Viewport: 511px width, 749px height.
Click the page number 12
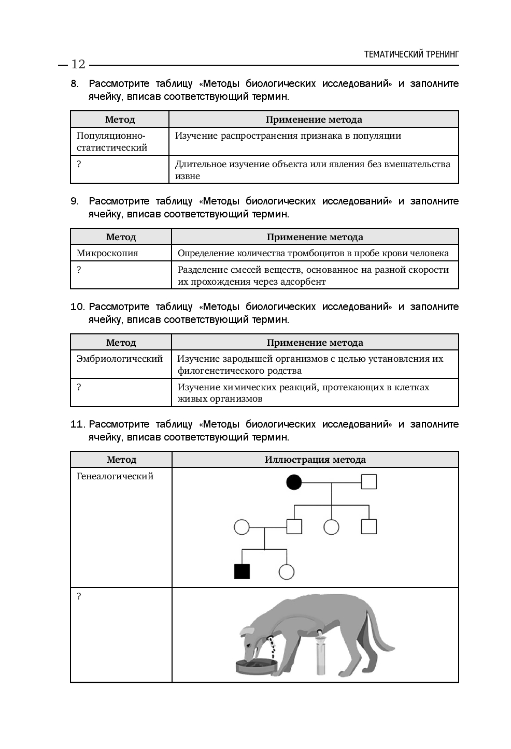78,64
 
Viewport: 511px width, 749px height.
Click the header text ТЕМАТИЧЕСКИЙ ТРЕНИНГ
411,54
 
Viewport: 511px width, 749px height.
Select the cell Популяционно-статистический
112,141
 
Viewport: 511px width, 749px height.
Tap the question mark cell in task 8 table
79,164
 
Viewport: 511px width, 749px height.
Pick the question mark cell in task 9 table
79,270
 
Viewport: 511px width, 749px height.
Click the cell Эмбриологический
120,359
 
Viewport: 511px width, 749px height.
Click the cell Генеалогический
115,476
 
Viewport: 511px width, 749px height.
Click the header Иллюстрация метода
315,460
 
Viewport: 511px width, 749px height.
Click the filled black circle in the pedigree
294,482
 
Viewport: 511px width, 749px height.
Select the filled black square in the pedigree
242,571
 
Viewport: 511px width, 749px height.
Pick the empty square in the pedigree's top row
368,482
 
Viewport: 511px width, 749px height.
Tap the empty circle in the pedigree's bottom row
287,571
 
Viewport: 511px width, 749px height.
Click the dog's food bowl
257,665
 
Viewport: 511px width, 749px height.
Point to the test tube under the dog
320,657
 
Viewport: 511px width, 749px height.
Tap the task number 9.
74,201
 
